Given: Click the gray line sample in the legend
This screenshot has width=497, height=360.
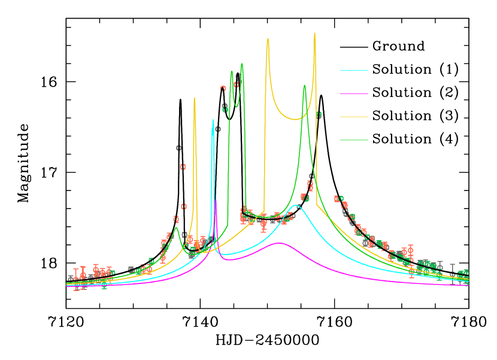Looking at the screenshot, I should click(353, 47).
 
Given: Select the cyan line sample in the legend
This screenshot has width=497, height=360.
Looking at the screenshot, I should click(353, 70).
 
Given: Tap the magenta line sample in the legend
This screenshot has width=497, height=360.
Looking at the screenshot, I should click(353, 93).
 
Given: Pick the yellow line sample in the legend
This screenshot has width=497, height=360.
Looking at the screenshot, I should click(353, 117).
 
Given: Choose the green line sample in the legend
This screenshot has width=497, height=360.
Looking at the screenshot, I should click(353, 140).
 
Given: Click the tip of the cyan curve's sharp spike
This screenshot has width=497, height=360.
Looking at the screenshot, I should click(213, 120).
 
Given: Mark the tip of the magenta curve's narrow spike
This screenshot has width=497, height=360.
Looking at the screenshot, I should click(216, 201).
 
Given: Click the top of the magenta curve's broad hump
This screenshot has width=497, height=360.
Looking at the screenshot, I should click(279, 243).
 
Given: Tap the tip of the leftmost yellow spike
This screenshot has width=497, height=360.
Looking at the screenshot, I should click(194, 98).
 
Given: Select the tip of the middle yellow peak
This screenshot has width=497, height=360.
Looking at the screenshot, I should click(268, 38).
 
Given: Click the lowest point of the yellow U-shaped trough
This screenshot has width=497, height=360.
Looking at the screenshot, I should click(295, 119).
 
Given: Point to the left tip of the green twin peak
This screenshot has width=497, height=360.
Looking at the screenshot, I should click(231, 71).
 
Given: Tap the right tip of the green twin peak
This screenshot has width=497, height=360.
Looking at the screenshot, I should click(242, 63).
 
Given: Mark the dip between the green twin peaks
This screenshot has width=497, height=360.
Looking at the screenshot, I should click(237, 107).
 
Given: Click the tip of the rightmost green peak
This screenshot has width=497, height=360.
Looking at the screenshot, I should click(304, 85).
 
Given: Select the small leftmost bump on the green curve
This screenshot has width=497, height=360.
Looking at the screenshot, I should click(175, 227).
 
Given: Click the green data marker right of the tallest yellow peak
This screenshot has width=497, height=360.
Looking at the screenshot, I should click(319, 114).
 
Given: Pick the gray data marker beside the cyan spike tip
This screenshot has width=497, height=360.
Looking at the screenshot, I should click(218, 129).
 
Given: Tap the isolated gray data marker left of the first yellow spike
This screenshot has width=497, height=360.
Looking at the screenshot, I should click(178, 147).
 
